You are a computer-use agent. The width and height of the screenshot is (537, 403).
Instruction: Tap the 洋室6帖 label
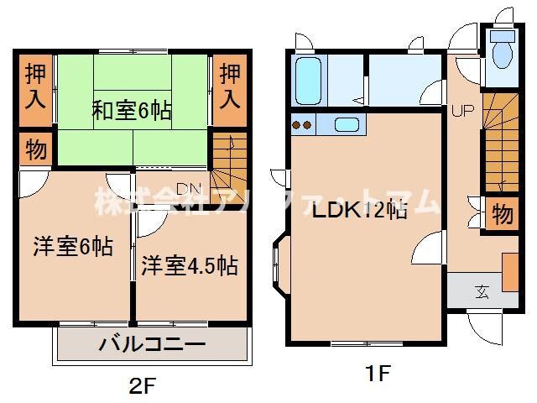pos(73,248)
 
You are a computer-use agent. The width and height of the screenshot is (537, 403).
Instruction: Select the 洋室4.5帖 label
pos(189,266)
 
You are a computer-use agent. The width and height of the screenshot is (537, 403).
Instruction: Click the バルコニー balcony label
pos(152,344)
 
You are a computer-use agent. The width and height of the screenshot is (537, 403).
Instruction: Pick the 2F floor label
pos(143,387)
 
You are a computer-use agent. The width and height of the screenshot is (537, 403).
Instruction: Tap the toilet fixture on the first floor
pos(503,53)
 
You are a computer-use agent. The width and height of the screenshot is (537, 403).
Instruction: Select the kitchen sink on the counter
pos(346,125)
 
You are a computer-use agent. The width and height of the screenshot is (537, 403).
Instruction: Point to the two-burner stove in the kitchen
pos(301,126)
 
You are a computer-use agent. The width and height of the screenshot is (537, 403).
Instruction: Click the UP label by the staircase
pos(463,110)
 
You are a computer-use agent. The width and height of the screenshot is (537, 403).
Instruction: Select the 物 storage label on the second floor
pos(34,152)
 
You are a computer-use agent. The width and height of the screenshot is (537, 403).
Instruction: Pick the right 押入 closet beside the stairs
pos(229,84)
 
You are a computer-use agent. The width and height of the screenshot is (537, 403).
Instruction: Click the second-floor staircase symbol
pos(226,164)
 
